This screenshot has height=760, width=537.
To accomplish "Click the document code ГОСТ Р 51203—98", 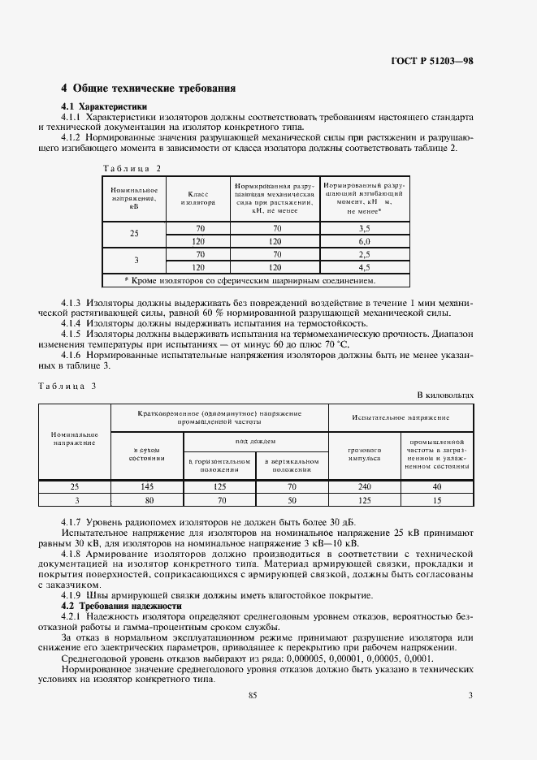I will click(433, 61).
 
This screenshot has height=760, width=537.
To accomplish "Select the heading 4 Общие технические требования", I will click(148, 88).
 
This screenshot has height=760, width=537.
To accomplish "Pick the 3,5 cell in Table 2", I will click(365, 229).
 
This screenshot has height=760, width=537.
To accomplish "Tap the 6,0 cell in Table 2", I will click(365, 241).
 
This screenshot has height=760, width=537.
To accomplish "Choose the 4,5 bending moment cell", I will click(365, 266).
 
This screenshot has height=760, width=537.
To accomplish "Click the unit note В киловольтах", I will click(444, 395).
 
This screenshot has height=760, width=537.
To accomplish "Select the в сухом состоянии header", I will click(145, 453).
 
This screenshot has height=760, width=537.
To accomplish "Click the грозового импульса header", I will click(364, 453).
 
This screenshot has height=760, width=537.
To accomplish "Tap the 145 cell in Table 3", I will click(145, 486).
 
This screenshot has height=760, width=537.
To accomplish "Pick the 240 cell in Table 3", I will click(364, 486).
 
